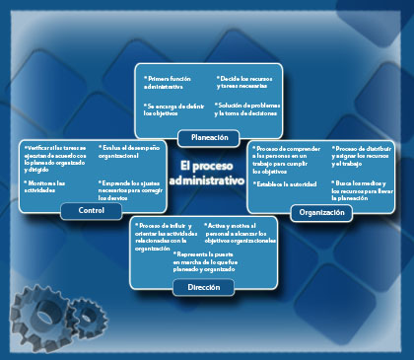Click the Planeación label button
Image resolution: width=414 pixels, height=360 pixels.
point(209,138)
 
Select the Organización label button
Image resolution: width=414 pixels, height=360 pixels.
point(321,212)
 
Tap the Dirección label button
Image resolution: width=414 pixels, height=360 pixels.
point(203,287)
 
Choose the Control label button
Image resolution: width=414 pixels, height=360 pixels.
point(85,211)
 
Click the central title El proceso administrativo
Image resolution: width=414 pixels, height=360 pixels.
point(206,175)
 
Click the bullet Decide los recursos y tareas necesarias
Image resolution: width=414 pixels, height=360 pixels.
point(243,81)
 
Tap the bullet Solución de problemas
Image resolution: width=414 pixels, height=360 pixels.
point(246,108)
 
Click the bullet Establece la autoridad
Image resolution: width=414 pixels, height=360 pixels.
point(285,183)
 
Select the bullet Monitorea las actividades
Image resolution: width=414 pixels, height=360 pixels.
point(47,187)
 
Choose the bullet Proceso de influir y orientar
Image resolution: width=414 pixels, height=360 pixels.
point(164,237)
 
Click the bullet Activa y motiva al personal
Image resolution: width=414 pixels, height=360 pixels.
point(240,233)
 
